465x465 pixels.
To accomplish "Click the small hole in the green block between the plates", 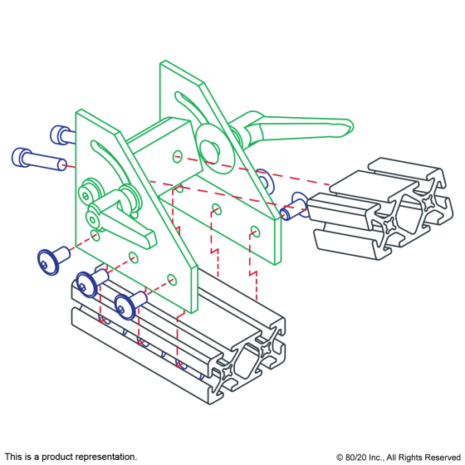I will pos(177,155).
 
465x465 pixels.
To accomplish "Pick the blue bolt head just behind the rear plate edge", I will pos(263,179).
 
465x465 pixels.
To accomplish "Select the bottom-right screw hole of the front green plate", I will pos(172,277).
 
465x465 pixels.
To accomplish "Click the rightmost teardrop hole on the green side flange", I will pos(255,232).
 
